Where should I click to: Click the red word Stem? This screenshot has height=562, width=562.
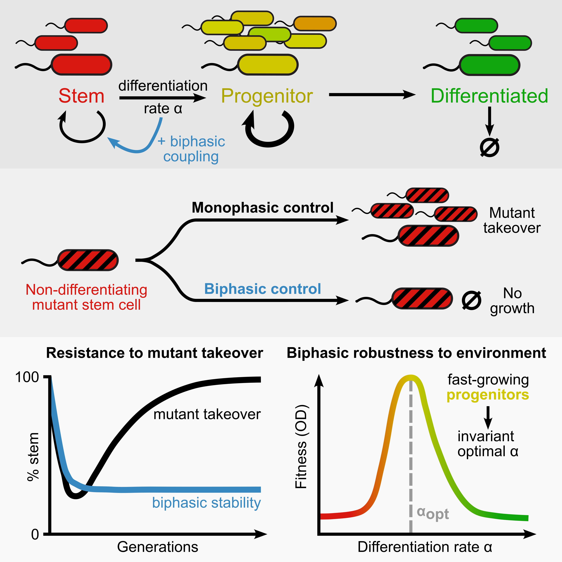tap(81, 96)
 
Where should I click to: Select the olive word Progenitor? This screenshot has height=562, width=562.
tap(267, 96)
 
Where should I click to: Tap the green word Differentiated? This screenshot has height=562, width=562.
tap(489, 96)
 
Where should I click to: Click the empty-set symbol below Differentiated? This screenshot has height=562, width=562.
tap(490, 147)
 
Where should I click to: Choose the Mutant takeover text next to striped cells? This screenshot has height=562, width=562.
tap(512, 220)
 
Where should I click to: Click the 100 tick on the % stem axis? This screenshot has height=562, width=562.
tap(27, 377)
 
